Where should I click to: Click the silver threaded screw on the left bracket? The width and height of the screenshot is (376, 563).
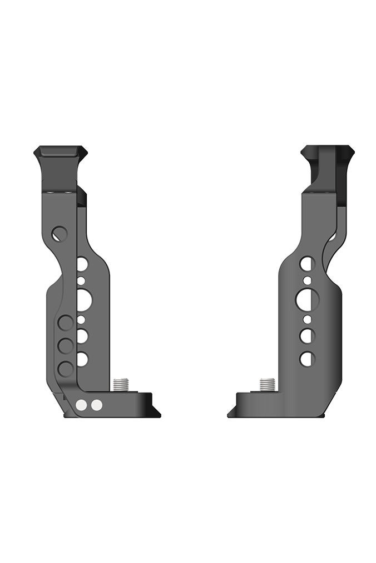tap(121, 384)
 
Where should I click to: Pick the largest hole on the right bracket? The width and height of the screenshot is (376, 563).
tap(306, 300)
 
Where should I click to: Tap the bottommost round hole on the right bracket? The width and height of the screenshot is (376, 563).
tap(306, 359)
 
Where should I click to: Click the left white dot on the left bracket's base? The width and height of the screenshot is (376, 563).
tap(82, 405)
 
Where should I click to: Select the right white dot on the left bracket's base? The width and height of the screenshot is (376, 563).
tap(97, 405)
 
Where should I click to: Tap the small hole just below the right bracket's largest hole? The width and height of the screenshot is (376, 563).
tap(306, 320)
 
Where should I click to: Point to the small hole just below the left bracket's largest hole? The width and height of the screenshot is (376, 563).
tap(82, 320)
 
